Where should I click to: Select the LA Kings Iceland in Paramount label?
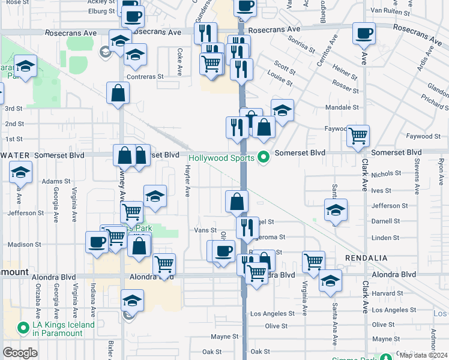(64, 329)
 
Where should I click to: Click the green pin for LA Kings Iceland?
(23, 328)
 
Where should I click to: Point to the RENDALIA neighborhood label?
(366, 257)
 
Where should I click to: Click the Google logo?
(20, 353)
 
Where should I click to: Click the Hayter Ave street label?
(187, 182)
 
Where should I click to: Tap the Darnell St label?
(385, 221)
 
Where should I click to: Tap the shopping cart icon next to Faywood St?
(358, 136)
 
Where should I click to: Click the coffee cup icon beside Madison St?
(97, 242)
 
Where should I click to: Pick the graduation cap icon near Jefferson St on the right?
(336, 210)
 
